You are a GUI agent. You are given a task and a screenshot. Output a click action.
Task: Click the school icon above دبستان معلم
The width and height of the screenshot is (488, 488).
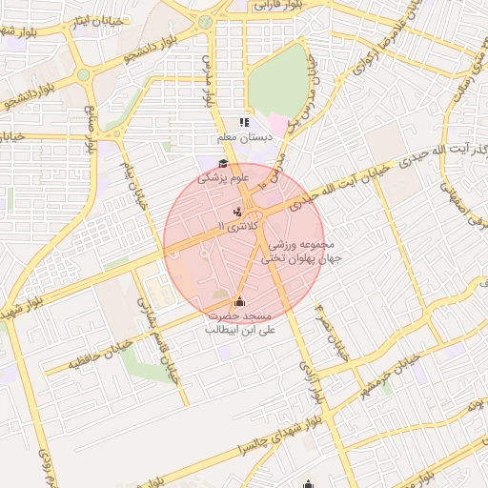tap(244, 122)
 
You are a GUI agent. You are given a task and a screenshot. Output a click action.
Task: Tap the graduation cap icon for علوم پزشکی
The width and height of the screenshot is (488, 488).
tap(224, 163)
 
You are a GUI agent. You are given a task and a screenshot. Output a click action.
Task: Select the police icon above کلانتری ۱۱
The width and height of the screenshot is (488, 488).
tap(237, 211)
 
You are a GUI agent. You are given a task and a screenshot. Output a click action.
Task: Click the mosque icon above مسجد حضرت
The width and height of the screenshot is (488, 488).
tap(238, 302)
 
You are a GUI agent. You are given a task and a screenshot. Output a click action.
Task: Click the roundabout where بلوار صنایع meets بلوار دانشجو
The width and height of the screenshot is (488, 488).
tap(84, 74)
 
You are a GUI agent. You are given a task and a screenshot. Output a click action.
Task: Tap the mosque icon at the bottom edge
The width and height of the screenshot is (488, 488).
tap(307, 483)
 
